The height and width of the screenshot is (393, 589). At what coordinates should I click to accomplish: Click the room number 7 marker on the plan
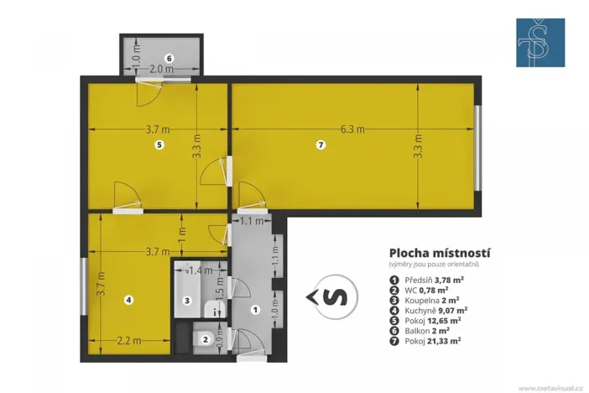point(320,145)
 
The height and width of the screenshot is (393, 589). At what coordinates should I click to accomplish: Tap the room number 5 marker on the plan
point(159,145)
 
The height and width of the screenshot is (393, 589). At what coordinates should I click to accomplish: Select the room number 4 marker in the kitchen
point(128,299)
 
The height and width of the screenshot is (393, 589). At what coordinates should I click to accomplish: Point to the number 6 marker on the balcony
point(169,58)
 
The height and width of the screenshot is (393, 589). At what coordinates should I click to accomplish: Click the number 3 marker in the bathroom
point(188,300)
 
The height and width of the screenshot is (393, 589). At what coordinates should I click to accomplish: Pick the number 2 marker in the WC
point(206,339)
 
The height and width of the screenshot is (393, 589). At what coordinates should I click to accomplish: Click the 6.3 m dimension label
point(352,129)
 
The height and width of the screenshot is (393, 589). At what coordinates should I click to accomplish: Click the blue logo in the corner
point(539,43)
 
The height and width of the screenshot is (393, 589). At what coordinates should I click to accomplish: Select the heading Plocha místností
point(440,252)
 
